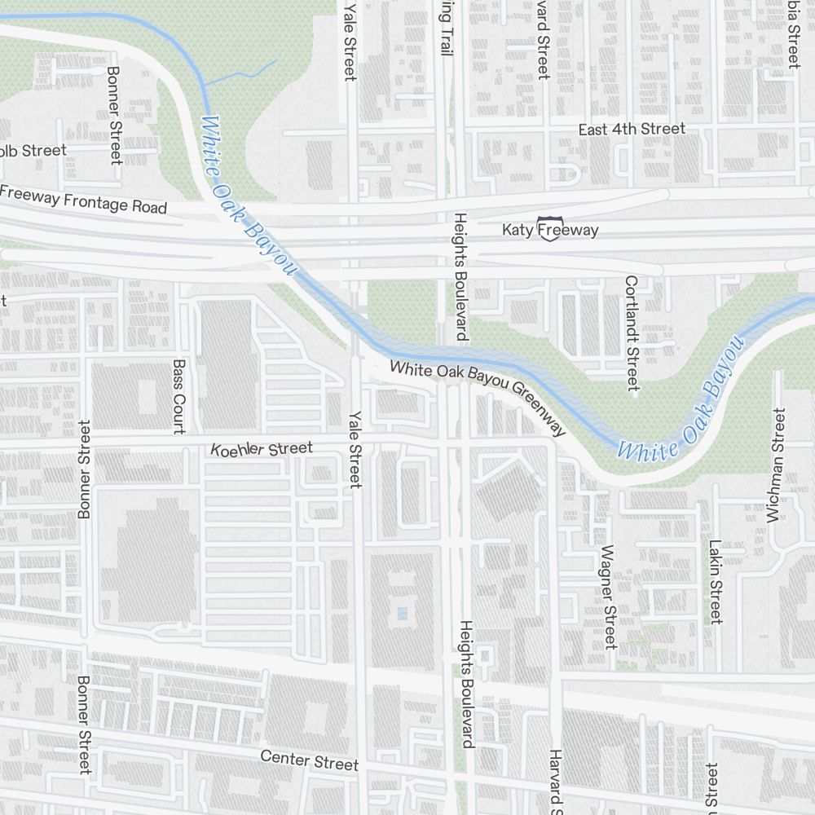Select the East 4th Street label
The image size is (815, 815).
point(632,130)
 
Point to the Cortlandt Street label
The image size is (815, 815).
point(632,333)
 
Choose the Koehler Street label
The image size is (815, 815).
point(262,448)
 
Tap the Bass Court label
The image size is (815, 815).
point(179,396)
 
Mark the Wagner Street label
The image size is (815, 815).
point(607,597)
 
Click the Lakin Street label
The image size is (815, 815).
point(715,580)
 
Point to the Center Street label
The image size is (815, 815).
point(309,760)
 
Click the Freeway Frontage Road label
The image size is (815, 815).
point(83,200)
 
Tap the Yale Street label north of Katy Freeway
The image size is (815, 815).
point(350,41)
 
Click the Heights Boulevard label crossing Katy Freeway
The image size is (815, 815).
point(460,277)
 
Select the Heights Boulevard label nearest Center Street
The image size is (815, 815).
point(466,683)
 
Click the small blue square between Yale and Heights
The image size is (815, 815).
point(399,611)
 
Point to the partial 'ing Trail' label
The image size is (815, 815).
point(445,29)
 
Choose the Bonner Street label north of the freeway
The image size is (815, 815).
point(114,114)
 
